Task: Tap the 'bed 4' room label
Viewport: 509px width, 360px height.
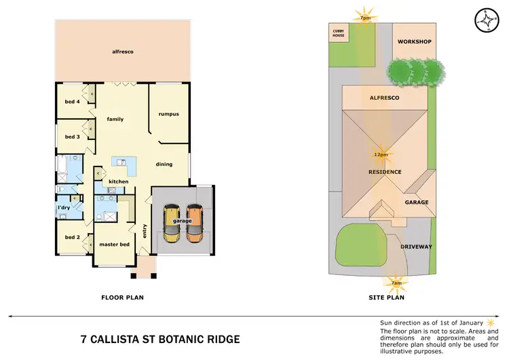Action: (x=72, y=102)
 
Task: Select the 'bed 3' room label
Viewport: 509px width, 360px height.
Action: (x=72, y=137)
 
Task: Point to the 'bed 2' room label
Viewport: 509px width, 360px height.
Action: (x=72, y=238)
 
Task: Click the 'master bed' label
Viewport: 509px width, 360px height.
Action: (x=114, y=245)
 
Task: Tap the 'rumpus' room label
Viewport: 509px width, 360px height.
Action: (x=168, y=114)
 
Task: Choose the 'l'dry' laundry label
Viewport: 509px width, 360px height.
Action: (x=64, y=207)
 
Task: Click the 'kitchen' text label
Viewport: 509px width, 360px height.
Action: (x=119, y=181)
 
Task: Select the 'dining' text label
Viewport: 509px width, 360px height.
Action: (x=164, y=164)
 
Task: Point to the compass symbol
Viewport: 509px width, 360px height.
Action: (x=485, y=20)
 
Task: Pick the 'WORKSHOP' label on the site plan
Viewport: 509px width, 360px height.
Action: (x=415, y=42)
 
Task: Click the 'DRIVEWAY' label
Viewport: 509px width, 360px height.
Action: (x=416, y=247)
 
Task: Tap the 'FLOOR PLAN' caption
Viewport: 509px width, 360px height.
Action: (x=122, y=298)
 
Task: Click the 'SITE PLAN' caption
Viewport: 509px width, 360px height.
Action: (x=385, y=298)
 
